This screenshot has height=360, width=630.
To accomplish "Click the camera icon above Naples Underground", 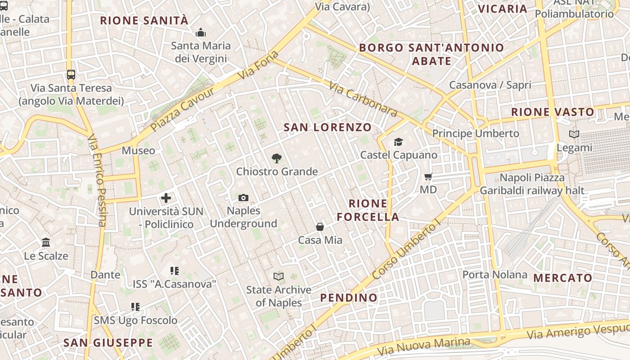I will (x=243, y=198).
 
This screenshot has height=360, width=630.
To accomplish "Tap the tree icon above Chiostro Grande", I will (x=277, y=158).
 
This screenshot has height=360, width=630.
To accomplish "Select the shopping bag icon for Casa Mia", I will (x=320, y=227).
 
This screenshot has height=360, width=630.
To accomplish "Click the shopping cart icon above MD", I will (x=428, y=176).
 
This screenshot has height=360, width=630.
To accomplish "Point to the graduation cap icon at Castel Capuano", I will (x=398, y=142).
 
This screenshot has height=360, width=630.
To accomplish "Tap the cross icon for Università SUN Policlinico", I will (x=166, y=198).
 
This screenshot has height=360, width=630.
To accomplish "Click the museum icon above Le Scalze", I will (x=46, y=243).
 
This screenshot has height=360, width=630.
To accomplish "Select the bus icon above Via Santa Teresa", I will (x=71, y=74).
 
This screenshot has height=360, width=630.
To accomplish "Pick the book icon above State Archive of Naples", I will (x=279, y=276).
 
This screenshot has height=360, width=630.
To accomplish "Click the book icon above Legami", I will (x=574, y=134).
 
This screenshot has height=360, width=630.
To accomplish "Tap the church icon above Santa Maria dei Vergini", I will (x=201, y=32).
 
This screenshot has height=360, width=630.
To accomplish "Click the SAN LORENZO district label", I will (x=328, y=127).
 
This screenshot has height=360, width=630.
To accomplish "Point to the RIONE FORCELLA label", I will (x=368, y=210).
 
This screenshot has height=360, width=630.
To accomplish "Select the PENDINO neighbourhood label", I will (x=349, y=297).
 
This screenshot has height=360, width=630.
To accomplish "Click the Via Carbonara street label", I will (x=363, y=99).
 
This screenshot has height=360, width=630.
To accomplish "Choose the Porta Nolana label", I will (x=495, y=274).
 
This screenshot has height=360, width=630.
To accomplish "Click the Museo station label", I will (x=138, y=150).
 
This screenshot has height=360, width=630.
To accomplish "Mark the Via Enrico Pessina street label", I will (x=97, y=180).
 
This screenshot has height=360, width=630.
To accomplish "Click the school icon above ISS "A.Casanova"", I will (x=175, y=270).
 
